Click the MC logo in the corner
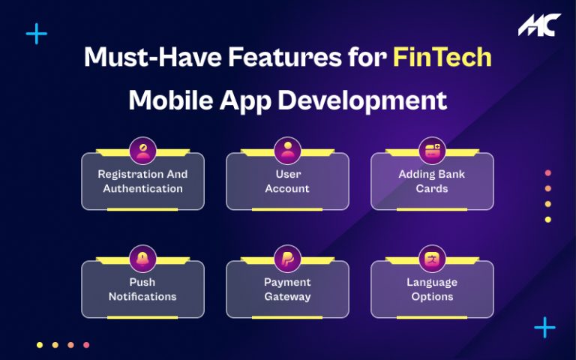tap(538, 25)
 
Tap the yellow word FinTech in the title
tap(442, 58)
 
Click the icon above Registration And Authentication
tap(142, 150)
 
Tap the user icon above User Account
tap(287, 150)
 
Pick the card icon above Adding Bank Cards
tap(432, 150)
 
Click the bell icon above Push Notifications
tap(142, 258)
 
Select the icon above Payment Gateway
tap(287, 258)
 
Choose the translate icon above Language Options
tap(432, 258)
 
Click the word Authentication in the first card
tap(142, 188)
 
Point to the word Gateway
tap(287, 296)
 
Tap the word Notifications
tap(142, 296)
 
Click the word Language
tap(432, 283)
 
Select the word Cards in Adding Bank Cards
tap(432, 188)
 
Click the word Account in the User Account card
tap(287, 188)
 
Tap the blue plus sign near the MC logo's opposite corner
tap(36, 34)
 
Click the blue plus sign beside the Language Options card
tap(544, 327)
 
